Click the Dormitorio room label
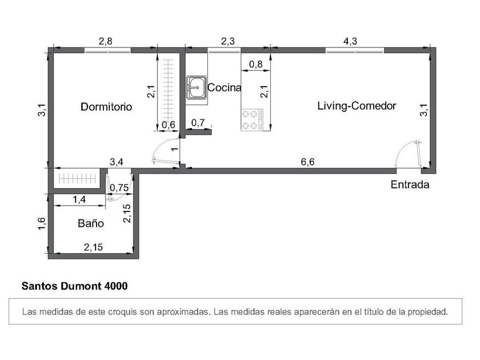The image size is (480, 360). tap(106, 106)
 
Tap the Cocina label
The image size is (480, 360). tap(225, 87)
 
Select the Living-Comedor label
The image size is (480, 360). tap(357, 106)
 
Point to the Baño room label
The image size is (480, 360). tap(91, 223)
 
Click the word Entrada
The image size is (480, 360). tap(410, 185)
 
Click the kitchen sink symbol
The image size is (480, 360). tap(197, 88)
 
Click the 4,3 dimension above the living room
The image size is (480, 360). tap(350, 41)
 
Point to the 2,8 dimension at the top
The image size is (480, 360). tap(105, 41)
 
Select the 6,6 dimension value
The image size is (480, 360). tap(307, 162)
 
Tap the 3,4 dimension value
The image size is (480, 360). tap(117, 162)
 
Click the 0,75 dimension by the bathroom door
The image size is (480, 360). tap(119, 187)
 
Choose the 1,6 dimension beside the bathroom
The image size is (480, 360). tap(42, 223)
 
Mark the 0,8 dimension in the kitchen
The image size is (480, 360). tap(255, 64)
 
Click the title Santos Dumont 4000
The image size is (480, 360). tap(74, 286)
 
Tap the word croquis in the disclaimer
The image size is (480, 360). tap(122, 312)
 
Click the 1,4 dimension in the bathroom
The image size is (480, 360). tap(79, 199)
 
